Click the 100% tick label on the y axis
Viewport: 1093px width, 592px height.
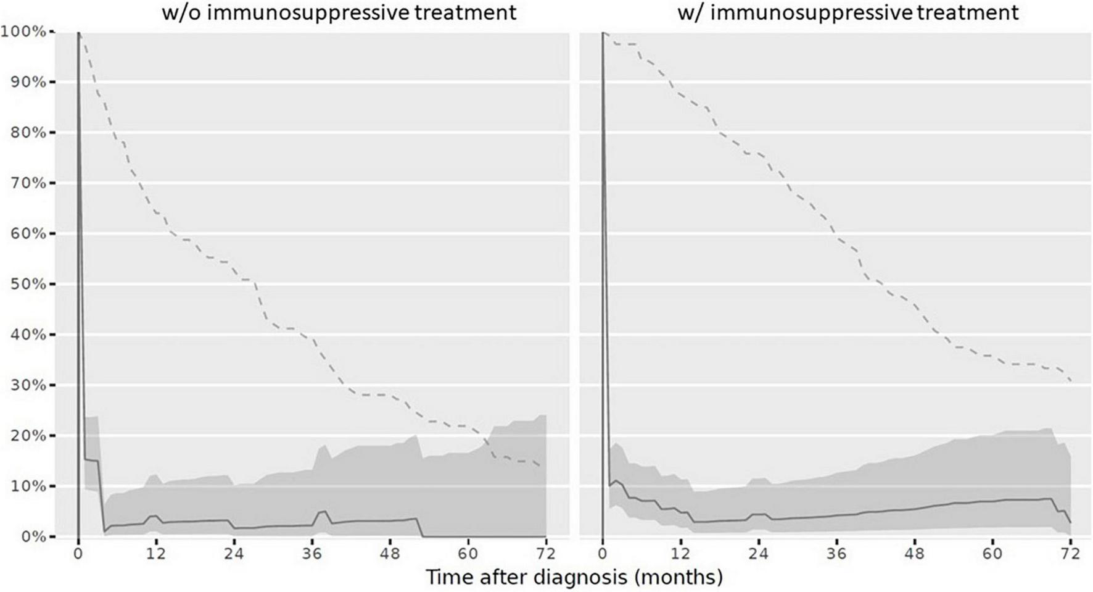pyautogui.click(x=23, y=31)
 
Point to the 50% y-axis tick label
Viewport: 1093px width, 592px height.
pyautogui.click(x=26, y=285)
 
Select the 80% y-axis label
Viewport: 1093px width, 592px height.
pyautogui.click(x=26, y=133)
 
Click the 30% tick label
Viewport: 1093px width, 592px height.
pyautogui.click(x=26, y=385)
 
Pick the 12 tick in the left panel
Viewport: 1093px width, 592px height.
pyautogui.click(x=156, y=553)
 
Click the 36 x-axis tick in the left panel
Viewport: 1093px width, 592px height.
pyautogui.click(x=312, y=553)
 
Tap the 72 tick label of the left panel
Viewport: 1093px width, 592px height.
pyautogui.click(x=546, y=553)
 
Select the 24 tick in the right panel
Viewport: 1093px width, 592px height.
pyautogui.click(x=758, y=553)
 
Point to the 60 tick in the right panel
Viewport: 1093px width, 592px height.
pyautogui.click(x=992, y=553)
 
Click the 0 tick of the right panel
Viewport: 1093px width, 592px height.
pyautogui.click(x=602, y=553)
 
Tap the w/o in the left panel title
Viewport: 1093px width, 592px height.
pyautogui.click(x=181, y=12)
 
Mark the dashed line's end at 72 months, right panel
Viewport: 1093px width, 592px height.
pyautogui.click(x=1070, y=380)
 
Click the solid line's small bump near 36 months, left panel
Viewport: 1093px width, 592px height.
pyautogui.click(x=322, y=511)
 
